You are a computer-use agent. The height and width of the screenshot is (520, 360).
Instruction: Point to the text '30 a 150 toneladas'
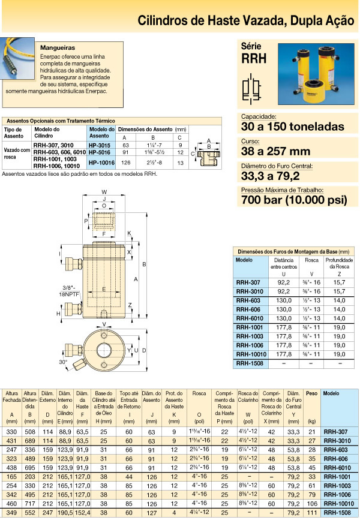tap(292, 127)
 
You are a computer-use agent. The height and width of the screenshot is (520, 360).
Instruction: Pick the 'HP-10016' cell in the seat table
tap(101, 161)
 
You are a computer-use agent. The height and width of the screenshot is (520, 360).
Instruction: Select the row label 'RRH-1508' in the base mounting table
tap(248, 363)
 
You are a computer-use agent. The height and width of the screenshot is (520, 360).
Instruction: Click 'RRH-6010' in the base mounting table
tap(248, 318)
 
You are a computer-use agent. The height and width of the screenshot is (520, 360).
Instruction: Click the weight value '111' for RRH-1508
tap(311, 514)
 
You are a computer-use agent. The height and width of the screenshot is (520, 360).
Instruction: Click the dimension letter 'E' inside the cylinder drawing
tap(104, 290)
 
